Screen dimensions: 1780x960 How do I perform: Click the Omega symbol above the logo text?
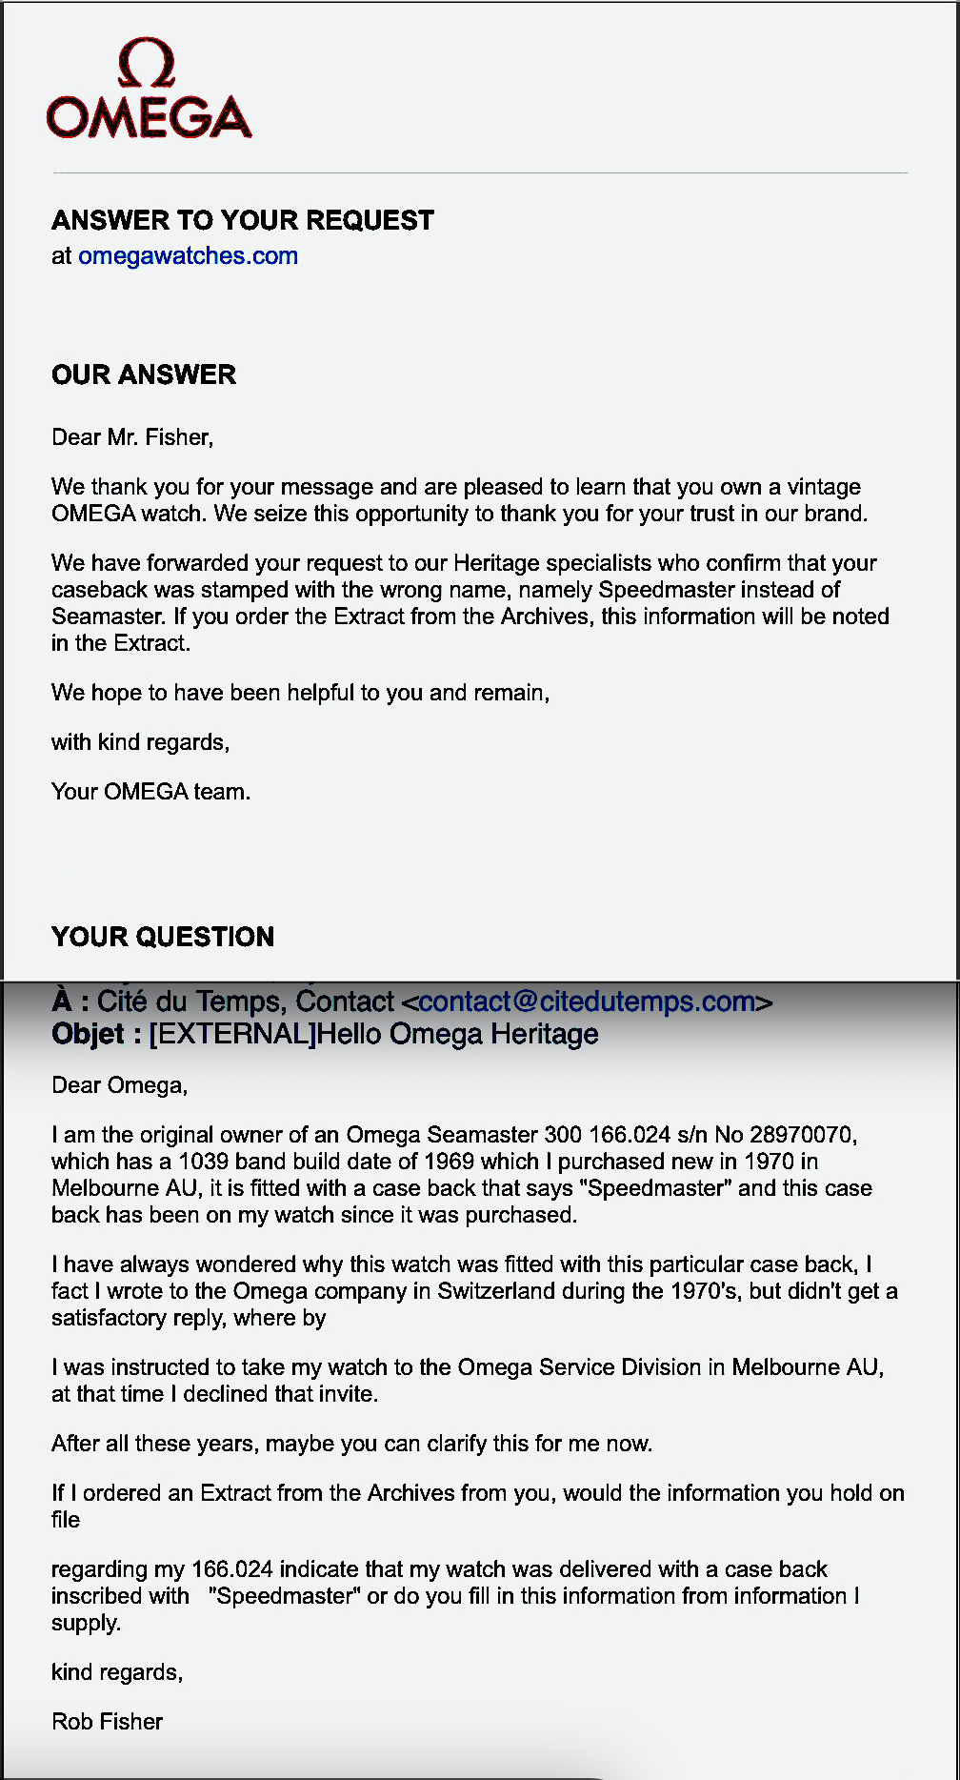(x=147, y=63)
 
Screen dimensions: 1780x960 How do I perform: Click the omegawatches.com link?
(x=188, y=255)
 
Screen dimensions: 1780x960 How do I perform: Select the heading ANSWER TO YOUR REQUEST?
(x=243, y=220)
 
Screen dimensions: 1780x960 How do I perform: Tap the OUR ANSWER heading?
(x=144, y=374)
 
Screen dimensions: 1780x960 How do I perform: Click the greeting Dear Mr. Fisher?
(x=132, y=437)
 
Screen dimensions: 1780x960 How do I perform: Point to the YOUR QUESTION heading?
(x=163, y=937)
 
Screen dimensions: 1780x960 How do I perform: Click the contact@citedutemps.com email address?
(x=587, y=1001)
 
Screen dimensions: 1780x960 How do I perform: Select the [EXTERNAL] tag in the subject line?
(x=232, y=1034)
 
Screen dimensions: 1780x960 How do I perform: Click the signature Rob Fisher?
(x=108, y=1722)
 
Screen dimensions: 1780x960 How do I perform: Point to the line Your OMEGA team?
(x=150, y=792)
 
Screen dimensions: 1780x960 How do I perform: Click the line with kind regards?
(x=140, y=742)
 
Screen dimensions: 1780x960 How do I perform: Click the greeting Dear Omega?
(x=120, y=1085)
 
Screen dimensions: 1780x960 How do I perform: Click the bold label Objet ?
(x=96, y=1034)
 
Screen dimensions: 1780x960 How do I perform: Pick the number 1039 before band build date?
(x=203, y=1162)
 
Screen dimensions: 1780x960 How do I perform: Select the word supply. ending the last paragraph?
(x=86, y=1623)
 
